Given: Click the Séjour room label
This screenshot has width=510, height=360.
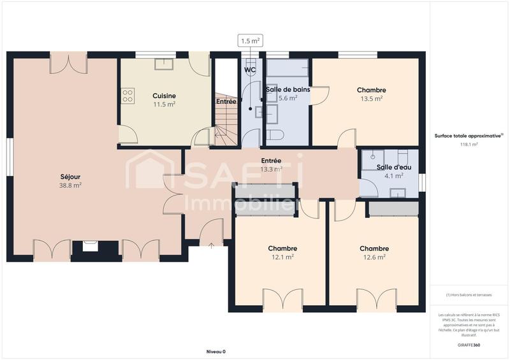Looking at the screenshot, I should pos(70,176).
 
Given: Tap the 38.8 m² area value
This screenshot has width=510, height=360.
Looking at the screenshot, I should pos(70,185).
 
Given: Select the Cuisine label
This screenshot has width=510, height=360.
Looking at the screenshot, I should pos(164,96).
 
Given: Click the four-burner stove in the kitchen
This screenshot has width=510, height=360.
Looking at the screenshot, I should pos(127,96).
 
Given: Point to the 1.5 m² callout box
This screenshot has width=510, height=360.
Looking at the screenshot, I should pos(251,41).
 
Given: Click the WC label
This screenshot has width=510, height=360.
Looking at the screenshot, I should pos(250,69).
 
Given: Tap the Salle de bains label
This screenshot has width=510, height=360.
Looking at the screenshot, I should pos(288,90).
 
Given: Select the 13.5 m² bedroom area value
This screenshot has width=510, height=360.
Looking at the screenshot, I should pos(371,99).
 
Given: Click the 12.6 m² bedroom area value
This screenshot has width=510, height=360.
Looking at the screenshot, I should pos(374,257).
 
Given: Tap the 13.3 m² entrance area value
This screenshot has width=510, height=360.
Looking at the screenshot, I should pos(271,169).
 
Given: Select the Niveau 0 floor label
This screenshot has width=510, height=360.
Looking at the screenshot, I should pos(216,351).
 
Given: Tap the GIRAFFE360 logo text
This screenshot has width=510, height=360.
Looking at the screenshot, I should pos(468,345).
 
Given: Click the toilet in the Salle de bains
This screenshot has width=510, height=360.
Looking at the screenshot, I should pos(275,134).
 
